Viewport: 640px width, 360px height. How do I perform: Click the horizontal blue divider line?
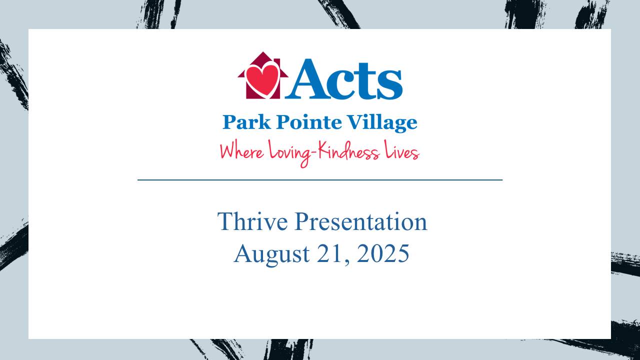(320, 179)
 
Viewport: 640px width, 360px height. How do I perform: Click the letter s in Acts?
(390, 83)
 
